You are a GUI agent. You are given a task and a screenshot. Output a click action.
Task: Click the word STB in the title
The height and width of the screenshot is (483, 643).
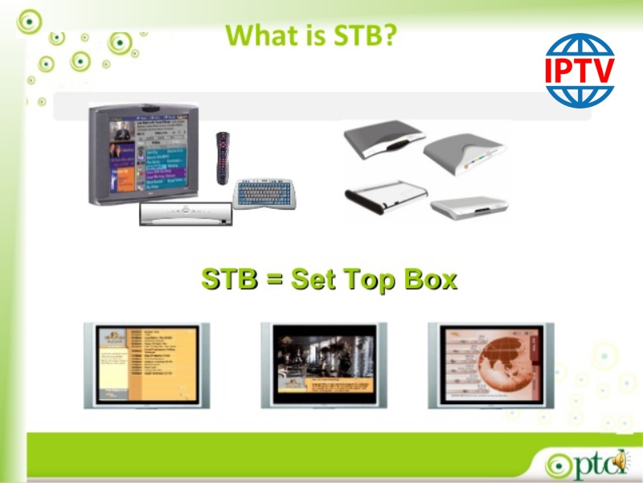pos(358,35)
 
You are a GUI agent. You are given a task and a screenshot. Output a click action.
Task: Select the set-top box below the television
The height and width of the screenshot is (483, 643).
pos(185,213)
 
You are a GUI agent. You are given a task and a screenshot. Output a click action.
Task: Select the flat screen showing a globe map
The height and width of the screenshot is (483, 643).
pos(490,364)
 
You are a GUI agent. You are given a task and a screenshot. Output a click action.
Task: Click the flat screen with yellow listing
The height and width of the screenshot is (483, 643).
pos(146,364)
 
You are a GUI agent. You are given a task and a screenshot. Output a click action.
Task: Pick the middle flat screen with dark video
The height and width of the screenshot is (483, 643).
pos(323,364)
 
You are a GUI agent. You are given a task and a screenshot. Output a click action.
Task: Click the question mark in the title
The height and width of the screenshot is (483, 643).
pos(387,35)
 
